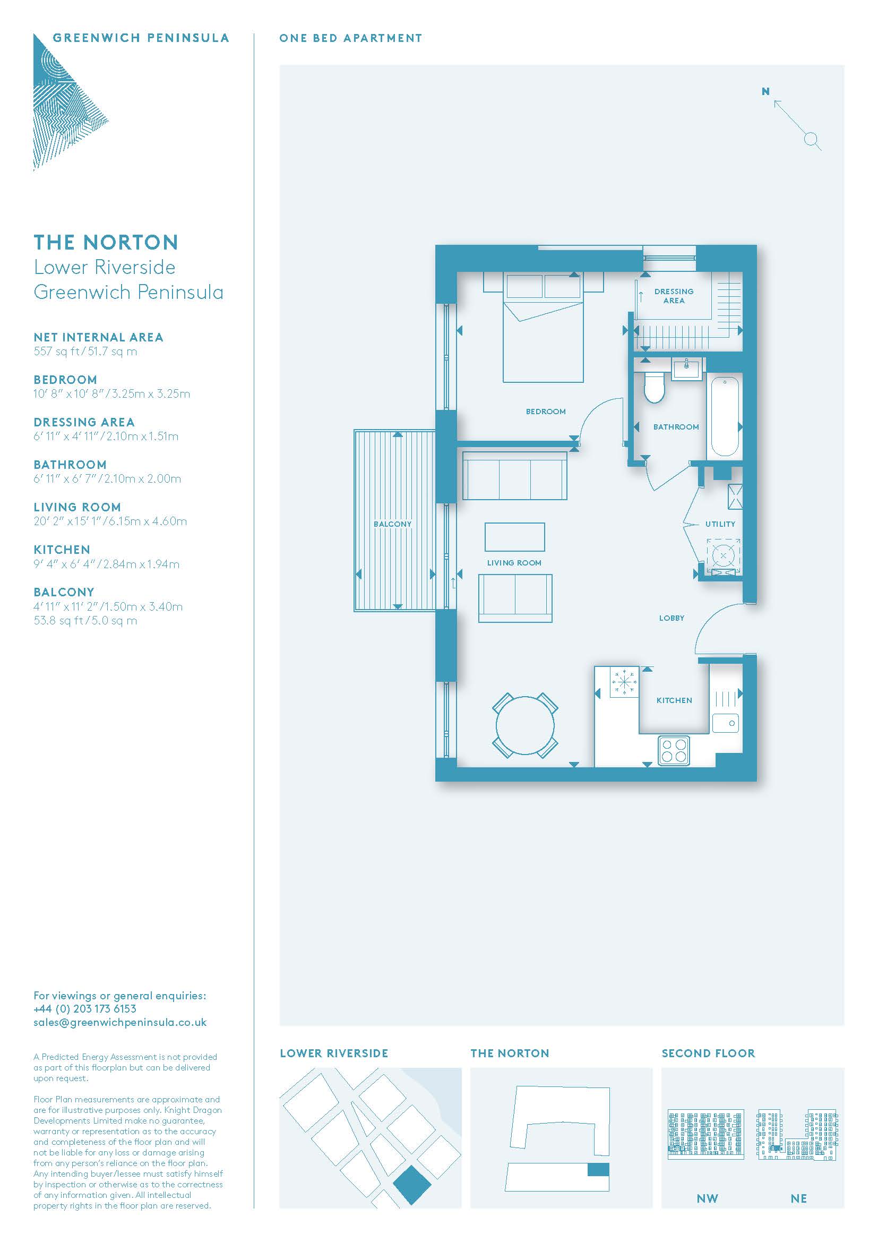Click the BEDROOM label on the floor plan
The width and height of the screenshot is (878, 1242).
[x=546, y=412]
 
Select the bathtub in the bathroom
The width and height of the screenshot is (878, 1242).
[x=725, y=416]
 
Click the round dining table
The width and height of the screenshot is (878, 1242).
[x=525, y=725]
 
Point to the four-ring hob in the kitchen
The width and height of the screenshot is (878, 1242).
[x=674, y=750]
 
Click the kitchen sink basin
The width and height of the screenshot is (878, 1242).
[x=725, y=723]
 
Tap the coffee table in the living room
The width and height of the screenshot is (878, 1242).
[x=514, y=537]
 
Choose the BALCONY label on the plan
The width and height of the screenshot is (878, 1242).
[x=392, y=524]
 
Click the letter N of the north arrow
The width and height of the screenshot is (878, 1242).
[x=765, y=92]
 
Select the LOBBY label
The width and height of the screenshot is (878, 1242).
[x=672, y=618]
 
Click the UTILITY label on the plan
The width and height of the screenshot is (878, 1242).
[x=720, y=524]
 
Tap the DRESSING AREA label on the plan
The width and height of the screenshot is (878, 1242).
[x=674, y=296]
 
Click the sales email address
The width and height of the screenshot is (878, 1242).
[x=120, y=1023]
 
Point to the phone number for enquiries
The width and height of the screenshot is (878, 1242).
[x=85, y=1009]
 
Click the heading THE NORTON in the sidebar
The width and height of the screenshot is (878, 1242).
[x=106, y=242]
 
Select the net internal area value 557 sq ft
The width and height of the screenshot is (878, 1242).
[x=56, y=352]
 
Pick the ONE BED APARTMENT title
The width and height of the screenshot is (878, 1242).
[x=350, y=38]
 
